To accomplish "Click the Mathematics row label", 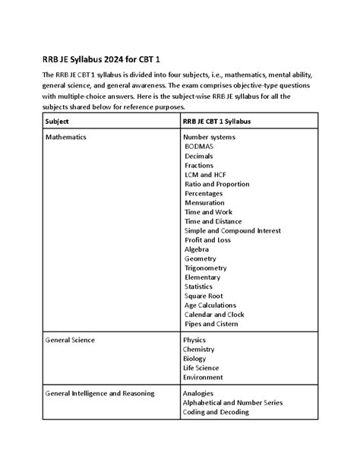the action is click(66, 137).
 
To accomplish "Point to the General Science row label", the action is click(71, 340).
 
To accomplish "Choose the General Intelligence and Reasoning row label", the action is click(100, 393).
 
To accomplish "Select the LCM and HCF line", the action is click(205, 175).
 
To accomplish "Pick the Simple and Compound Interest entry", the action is click(232, 230).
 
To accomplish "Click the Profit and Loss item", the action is click(207, 239).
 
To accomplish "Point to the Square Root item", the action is click(204, 296).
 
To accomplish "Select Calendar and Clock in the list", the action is click(214, 314).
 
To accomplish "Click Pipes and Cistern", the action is click(211, 324).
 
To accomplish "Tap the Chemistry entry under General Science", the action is click(199, 349).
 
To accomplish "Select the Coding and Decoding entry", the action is click(216, 412).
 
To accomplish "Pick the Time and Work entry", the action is click(209, 212).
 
